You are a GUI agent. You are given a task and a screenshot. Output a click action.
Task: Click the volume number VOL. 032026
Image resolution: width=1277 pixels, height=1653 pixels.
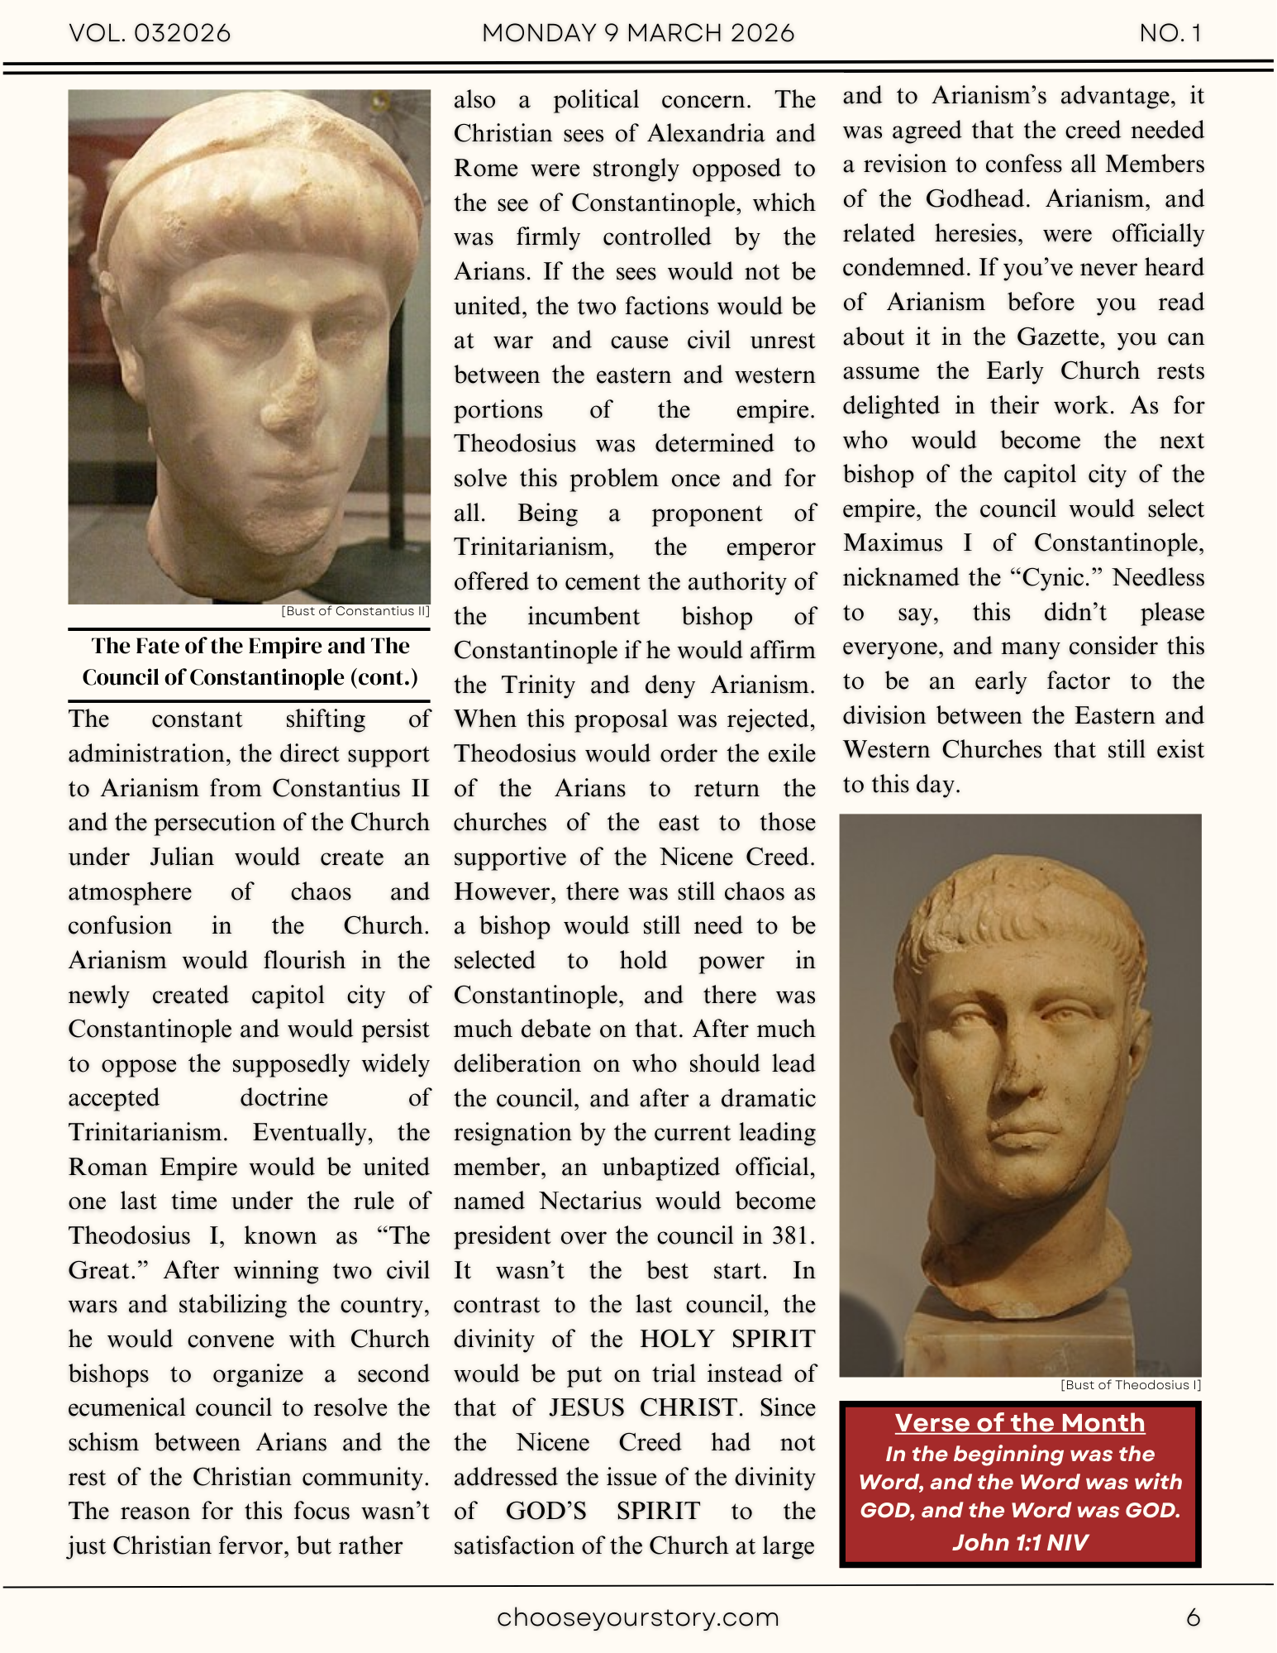(150, 33)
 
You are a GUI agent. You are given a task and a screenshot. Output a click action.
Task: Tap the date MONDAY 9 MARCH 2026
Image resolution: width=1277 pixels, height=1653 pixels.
(638, 33)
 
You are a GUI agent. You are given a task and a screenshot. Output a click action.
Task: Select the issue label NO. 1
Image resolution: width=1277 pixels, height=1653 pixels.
(1170, 33)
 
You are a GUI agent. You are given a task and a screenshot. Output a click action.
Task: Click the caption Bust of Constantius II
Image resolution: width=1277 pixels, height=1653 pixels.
(355, 611)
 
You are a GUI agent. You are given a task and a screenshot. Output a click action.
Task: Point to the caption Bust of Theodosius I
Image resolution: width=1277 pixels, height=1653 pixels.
(1131, 1385)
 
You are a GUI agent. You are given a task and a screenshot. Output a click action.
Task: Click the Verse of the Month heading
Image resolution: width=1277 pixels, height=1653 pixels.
(1020, 1422)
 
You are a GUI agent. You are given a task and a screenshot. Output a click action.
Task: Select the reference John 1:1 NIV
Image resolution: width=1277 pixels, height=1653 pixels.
(1020, 1542)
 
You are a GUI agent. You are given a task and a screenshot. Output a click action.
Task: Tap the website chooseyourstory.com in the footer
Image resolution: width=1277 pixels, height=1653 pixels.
(638, 1617)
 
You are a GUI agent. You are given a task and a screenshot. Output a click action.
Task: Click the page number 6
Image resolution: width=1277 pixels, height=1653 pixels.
(1193, 1617)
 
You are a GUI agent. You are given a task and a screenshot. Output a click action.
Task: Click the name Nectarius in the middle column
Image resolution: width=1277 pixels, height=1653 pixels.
(590, 1201)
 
